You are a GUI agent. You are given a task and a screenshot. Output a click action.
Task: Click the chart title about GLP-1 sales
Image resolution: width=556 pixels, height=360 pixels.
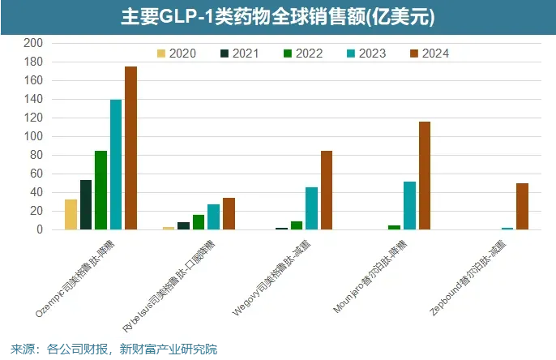(x=277, y=16)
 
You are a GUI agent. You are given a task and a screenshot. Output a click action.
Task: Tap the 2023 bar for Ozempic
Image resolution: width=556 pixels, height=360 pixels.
(x=116, y=165)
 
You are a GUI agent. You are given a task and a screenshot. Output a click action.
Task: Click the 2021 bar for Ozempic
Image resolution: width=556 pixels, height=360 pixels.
(x=86, y=205)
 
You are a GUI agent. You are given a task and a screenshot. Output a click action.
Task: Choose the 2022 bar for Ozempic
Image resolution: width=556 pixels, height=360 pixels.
(x=101, y=191)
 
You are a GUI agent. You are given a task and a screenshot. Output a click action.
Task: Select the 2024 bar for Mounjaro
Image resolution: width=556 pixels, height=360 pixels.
(x=425, y=176)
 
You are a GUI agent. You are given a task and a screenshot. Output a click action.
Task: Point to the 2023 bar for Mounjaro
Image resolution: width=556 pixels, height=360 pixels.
(x=410, y=206)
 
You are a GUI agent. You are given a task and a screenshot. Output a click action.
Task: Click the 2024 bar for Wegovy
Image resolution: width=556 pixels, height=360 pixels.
(x=327, y=191)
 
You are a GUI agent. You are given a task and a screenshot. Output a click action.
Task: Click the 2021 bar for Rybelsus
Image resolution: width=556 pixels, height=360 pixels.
(x=184, y=226)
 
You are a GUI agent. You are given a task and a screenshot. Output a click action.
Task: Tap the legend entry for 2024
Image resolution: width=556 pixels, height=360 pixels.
(x=429, y=54)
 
